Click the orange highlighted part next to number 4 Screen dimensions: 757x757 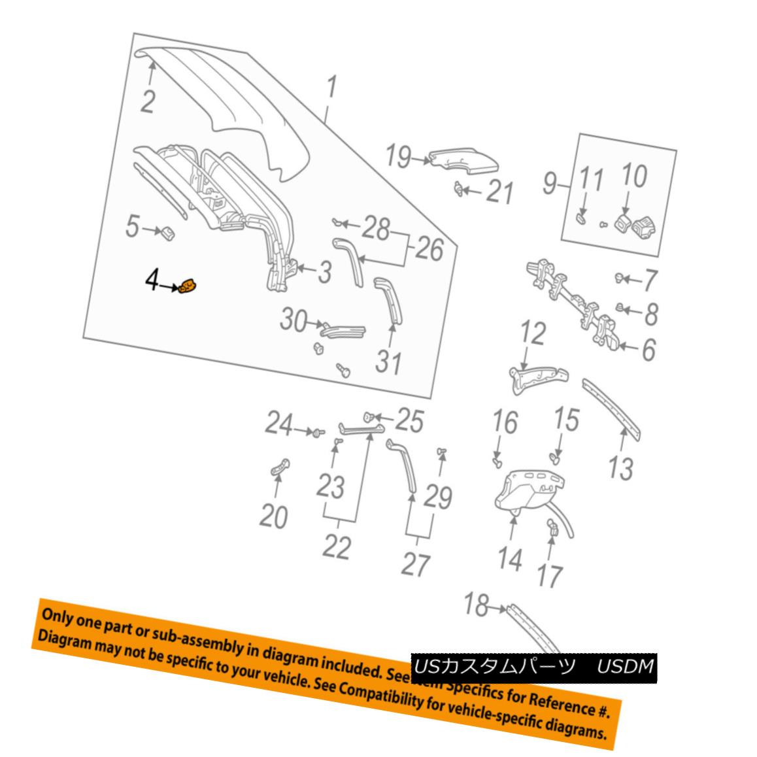click(x=189, y=286)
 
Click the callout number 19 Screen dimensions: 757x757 click(x=397, y=157)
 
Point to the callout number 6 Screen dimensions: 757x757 click(x=647, y=350)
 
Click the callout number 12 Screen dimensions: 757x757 click(x=532, y=333)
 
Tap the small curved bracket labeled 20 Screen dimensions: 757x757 click(x=280, y=467)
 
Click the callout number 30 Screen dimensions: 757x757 click(x=294, y=320)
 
